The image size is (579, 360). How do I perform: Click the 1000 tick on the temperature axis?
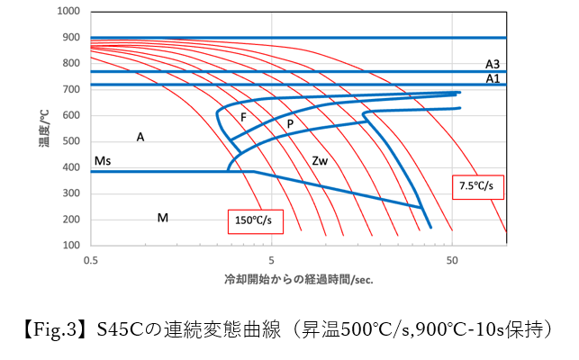[68, 12]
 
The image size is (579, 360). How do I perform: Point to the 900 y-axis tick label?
[71, 38]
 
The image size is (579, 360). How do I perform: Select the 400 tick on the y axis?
[71, 167]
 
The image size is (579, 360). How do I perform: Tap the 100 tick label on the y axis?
[71, 246]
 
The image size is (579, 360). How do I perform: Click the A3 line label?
[493, 64]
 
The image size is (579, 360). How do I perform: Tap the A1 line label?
[493, 78]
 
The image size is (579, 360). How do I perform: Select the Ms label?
[103, 160]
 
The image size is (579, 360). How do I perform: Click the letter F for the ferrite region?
[242, 118]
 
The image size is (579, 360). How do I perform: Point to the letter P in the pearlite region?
[290, 123]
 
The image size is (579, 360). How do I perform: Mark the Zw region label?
[319, 161]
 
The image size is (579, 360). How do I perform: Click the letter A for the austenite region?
[140, 137]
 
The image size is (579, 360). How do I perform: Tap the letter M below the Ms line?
[162, 218]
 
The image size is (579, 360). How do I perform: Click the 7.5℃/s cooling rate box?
[476, 185]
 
